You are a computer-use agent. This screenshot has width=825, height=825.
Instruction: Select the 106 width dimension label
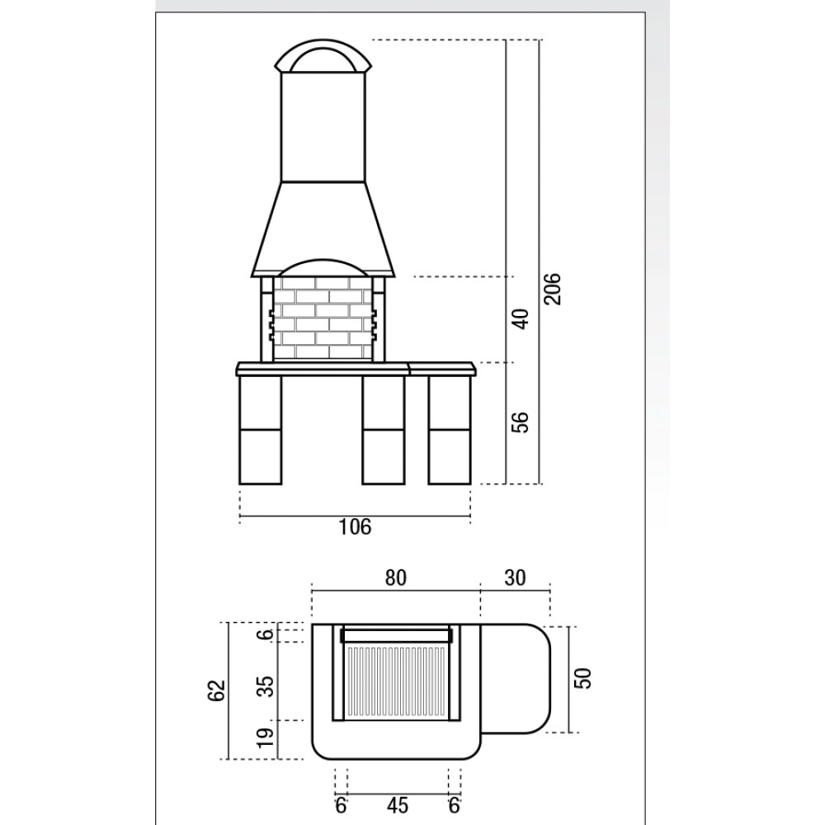(355, 526)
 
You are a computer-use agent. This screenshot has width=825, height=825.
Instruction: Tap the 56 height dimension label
(520, 422)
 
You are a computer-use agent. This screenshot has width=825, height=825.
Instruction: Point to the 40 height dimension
(520, 318)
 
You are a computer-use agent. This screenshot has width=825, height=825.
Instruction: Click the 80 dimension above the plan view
(396, 577)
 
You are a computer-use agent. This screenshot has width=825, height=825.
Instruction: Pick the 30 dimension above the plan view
(515, 577)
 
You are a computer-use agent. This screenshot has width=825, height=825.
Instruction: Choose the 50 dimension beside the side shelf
(583, 678)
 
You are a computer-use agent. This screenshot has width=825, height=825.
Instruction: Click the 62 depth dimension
(217, 691)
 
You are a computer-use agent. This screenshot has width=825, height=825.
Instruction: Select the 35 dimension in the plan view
(267, 686)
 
